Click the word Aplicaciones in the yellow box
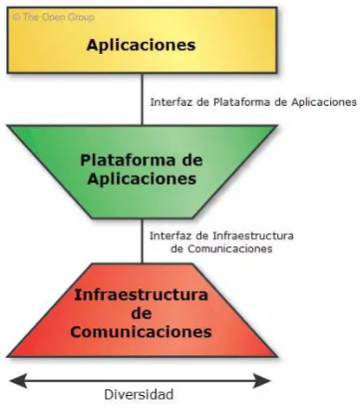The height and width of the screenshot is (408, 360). tap(141, 46)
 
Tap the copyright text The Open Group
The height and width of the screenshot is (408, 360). tap(59, 17)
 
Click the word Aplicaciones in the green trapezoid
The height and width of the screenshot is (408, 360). tap(142, 179)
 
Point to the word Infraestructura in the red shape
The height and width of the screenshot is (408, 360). tap(141, 295)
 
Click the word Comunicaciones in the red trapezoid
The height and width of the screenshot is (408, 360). tap(141, 332)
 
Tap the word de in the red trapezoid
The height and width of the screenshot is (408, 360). tap(141, 313)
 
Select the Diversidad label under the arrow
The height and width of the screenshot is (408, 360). tap(139, 395)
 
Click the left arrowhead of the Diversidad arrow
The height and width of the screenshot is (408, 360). tap(18, 380)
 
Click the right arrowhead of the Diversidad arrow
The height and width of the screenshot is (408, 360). tap(262, 380)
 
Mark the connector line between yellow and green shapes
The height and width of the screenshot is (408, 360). tap(142, 99)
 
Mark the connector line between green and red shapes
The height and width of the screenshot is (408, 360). tap(142, 241)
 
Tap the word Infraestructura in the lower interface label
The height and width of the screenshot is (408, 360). tap(253, 236)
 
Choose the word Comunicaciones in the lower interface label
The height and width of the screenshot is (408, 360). tap(230, 249)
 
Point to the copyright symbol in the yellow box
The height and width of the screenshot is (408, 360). tap(17, 17)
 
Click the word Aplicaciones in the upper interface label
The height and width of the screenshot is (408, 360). tap(324, 102)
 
